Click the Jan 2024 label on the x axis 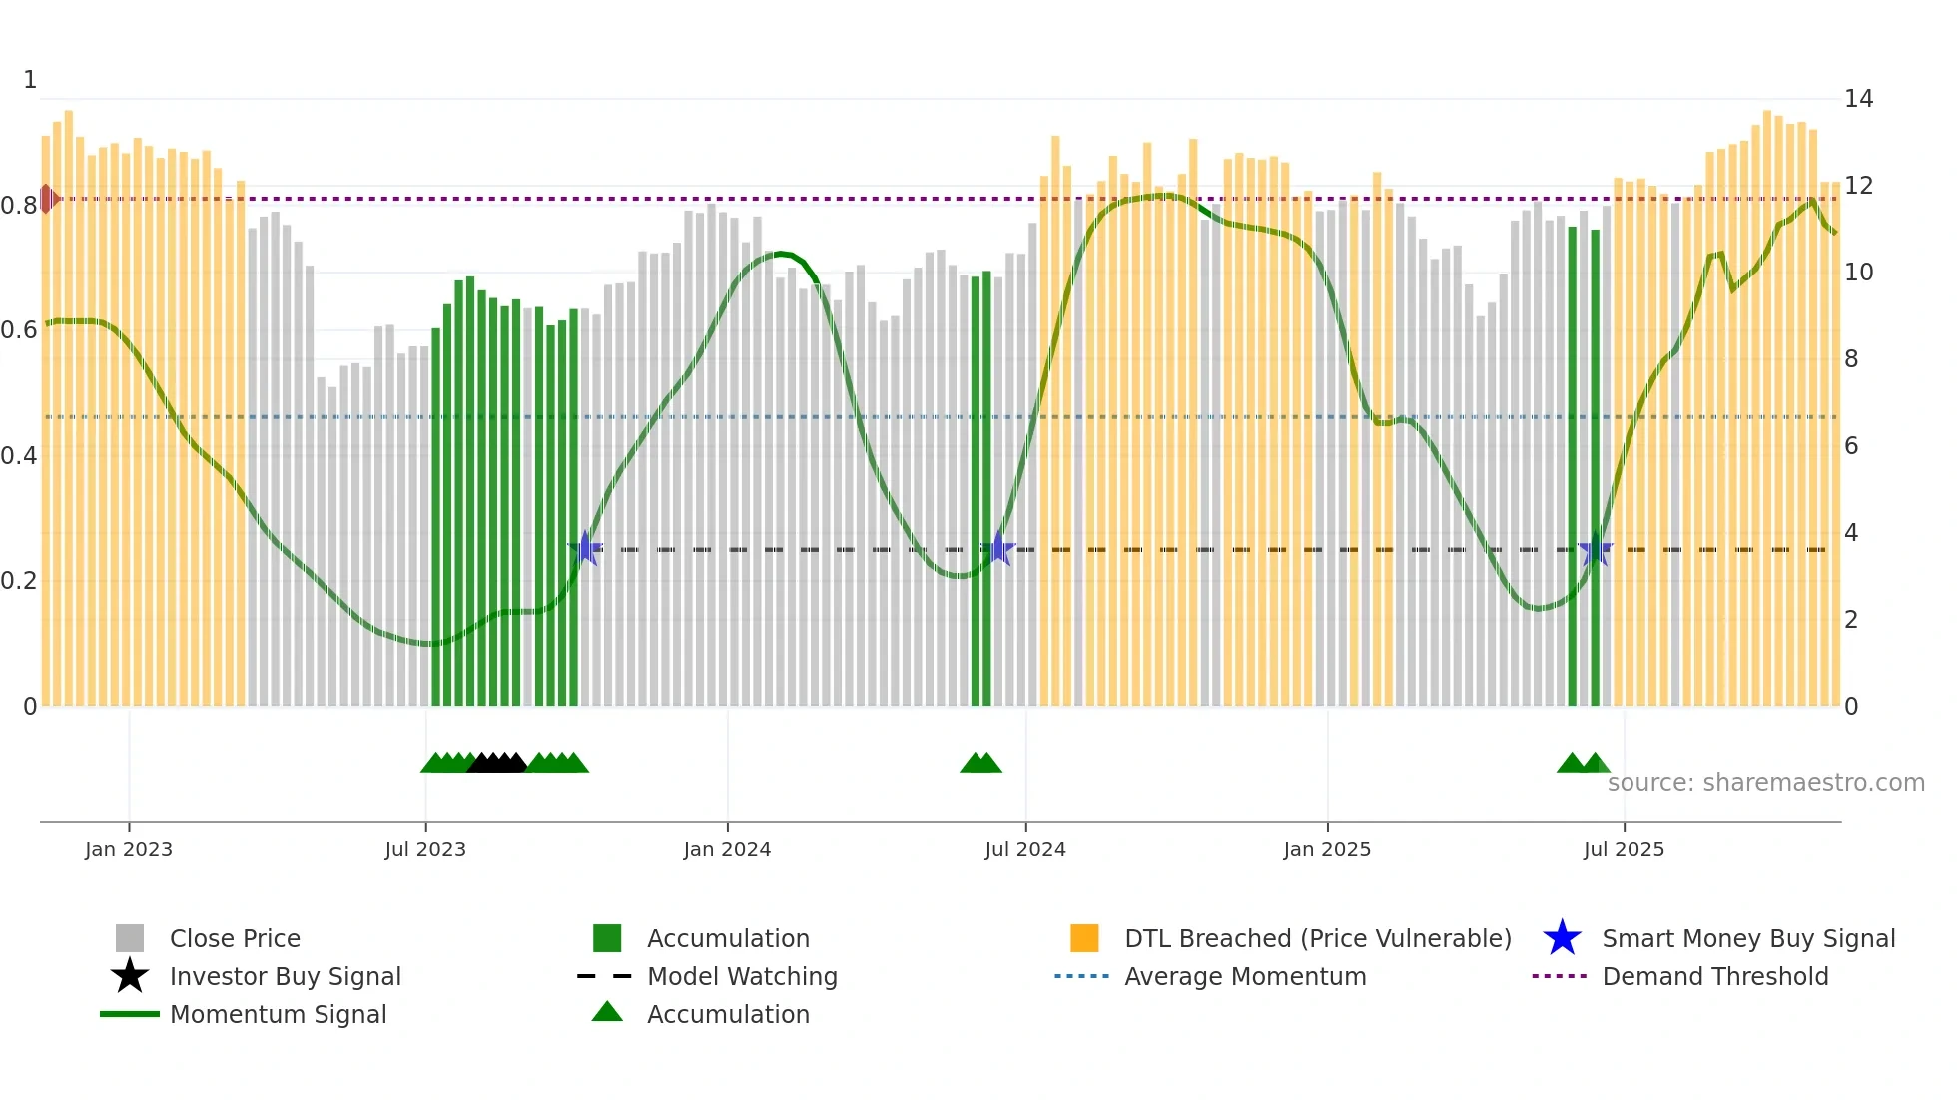pyautogui.click(x=727, y=849)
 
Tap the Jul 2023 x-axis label pyautogui.click(x=425, y=849)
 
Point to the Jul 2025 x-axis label pyautogui.click(x=1624, y=849)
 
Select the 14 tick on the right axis pyautogui.click(x=1858, y=99)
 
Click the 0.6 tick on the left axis pyautogui.click(x=19, y=330)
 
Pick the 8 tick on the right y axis pyautogui.click(x=1851, y=359)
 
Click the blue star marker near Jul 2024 pyautogui.click(x=998, y=549)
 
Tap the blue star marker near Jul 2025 pyautogui.click(x=1596, y=549)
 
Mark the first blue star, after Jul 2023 pyautogui.click(x=586, y=549)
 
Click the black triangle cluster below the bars pyautogui.click(x=497, y=763)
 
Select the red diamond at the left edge pyautogui.click(x=47, y=199)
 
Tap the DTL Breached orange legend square pyautogui.click(x=1084, y=938)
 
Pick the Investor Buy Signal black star pyautogui.click(x=130, y=976)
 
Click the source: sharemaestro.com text pyautogui.click(x=1765, y=783)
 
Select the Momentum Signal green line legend pyautogui.click(x=130, y=1014)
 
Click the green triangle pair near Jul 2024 pyautogui.click(x=980, y=763)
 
